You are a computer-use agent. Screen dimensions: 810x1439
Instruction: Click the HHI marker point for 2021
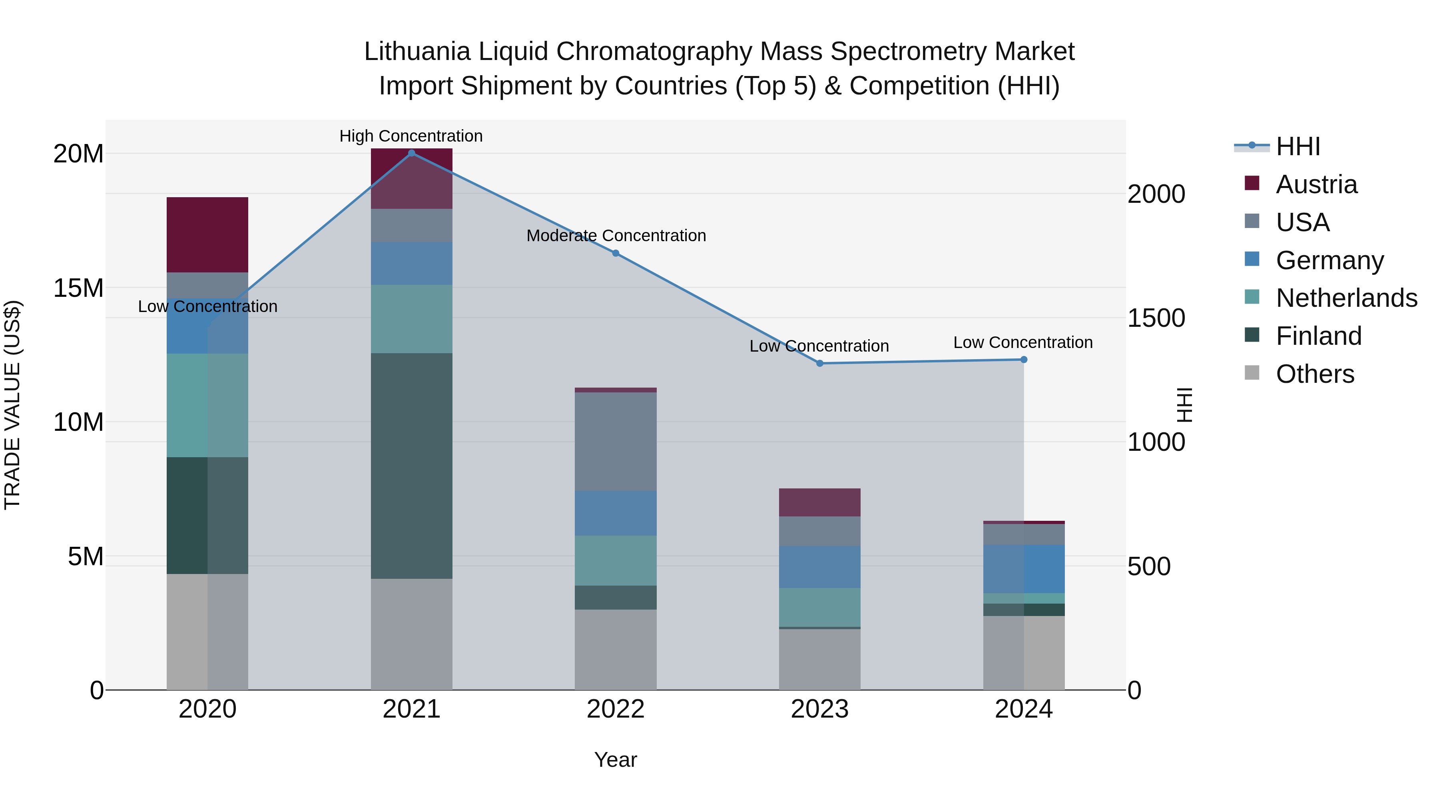412,153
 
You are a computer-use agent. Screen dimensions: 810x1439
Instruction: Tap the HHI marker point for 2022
616,253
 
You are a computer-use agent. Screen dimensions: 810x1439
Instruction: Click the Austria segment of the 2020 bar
207,235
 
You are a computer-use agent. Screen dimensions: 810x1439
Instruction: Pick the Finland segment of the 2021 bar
412,466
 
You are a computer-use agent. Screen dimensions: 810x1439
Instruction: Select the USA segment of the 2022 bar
616,442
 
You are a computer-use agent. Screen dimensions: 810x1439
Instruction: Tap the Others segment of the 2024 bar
1024,652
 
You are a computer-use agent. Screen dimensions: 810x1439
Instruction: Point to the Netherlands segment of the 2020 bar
207,405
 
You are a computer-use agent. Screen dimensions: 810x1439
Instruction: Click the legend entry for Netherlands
1346,298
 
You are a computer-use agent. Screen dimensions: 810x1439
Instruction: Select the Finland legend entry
1318,336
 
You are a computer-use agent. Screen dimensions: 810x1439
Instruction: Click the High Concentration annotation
411,136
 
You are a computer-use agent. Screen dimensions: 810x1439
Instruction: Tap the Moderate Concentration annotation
616,235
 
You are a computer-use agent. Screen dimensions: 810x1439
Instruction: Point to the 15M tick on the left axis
78,288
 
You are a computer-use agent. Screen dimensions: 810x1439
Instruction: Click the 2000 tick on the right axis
1156,194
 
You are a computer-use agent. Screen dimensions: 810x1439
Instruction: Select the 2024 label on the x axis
1024,709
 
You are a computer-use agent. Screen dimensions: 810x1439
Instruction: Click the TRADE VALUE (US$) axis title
12,405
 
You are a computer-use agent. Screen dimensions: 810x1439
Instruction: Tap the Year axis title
616,760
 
